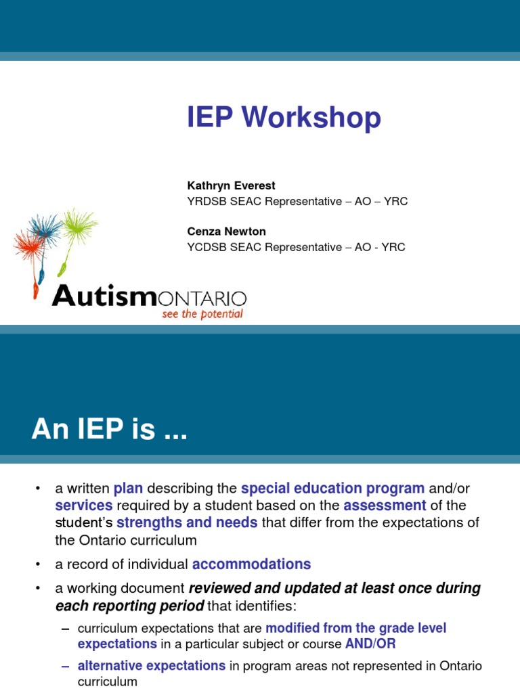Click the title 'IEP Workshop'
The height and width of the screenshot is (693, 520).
[284, 118]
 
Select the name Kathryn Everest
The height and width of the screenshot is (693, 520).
[231, 185]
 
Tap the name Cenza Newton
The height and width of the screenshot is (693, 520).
[226, 231]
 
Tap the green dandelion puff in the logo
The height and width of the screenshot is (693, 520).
[79, 224]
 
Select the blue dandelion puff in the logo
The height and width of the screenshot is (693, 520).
[46, 228]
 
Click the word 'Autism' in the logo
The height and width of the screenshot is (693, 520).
[104, 296]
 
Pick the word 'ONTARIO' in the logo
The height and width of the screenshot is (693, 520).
[202, 298]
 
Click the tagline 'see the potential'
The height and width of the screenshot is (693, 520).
[202, 315]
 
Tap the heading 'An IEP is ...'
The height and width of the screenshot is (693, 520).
[109, 430]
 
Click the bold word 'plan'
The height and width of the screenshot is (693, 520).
[128, 489]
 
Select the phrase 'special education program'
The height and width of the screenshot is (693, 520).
[332, 489]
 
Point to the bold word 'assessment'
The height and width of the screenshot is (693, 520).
[385, 506]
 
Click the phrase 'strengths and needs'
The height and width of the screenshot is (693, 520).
[187, 522]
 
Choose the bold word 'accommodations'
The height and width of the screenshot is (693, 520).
[251, 564]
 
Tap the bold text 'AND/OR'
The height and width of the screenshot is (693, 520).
[370, 644]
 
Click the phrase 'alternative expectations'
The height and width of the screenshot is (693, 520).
[152, 666]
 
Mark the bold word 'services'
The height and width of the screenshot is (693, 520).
[84, 506]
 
